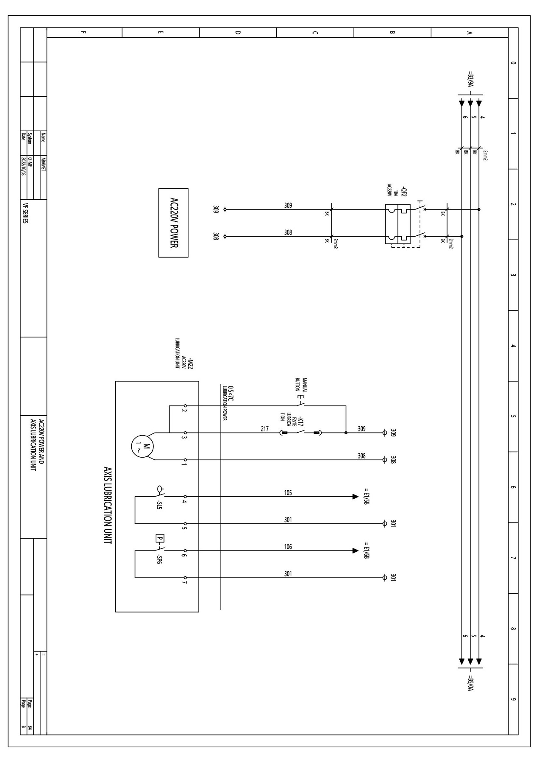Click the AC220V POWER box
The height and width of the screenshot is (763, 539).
point(173,223)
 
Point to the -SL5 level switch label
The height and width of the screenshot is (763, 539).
point(159,505)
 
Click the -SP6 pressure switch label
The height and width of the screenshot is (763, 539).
point(159,559)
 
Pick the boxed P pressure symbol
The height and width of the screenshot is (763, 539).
point(160,539)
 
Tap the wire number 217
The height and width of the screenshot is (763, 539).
point(264,429)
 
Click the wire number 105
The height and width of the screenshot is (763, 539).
point(288,493)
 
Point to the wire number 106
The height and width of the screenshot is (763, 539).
point(288,547)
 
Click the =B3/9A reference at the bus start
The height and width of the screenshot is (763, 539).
point(470,79)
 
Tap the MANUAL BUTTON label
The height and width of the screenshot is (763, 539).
point(300,385)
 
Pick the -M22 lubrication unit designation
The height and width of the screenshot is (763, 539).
point(190,363)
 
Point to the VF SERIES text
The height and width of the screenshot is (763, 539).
point(25,213)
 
